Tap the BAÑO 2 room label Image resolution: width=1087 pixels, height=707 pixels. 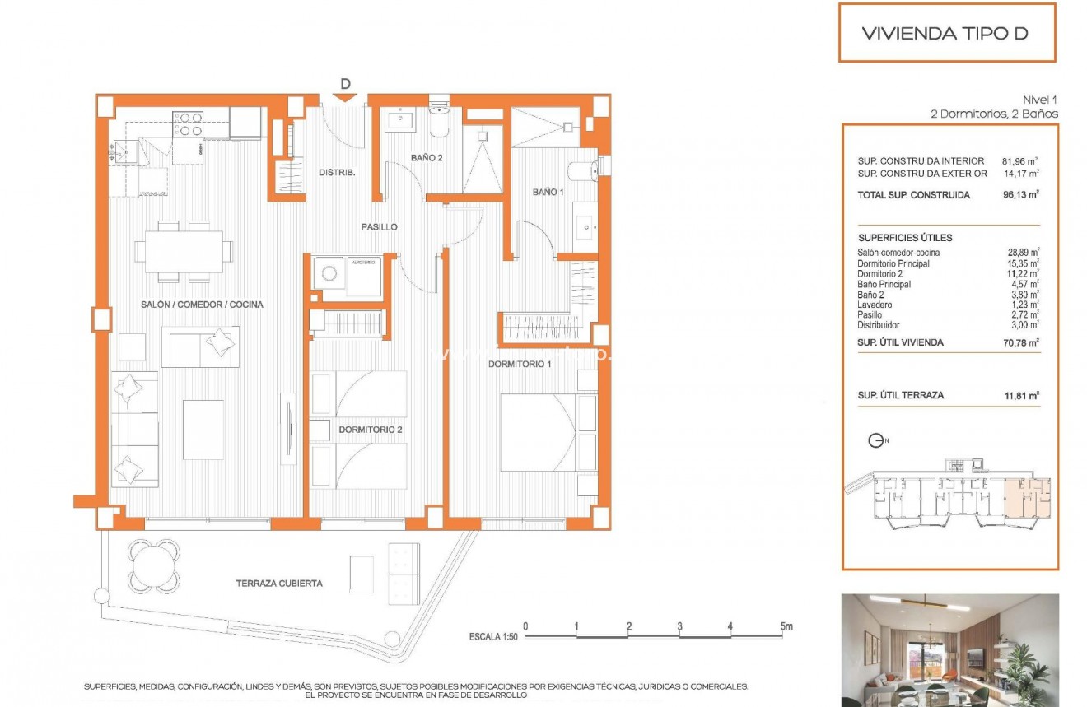428,156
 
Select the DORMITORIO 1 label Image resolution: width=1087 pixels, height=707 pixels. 519,363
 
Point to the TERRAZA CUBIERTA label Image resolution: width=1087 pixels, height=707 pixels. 279,584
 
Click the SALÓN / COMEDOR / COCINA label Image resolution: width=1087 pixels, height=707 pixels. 202,305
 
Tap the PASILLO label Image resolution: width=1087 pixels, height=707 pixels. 379,226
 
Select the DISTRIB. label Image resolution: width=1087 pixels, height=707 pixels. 336,172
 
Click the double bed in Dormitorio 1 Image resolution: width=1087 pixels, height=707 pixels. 548,432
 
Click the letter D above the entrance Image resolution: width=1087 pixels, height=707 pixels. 345,83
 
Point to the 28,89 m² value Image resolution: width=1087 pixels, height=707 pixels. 1022,253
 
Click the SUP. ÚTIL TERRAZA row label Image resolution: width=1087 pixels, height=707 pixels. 901,395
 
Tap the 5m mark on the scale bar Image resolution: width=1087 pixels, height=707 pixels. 786,627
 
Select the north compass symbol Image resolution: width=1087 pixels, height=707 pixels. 877,441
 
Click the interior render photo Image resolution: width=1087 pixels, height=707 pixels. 949,649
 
